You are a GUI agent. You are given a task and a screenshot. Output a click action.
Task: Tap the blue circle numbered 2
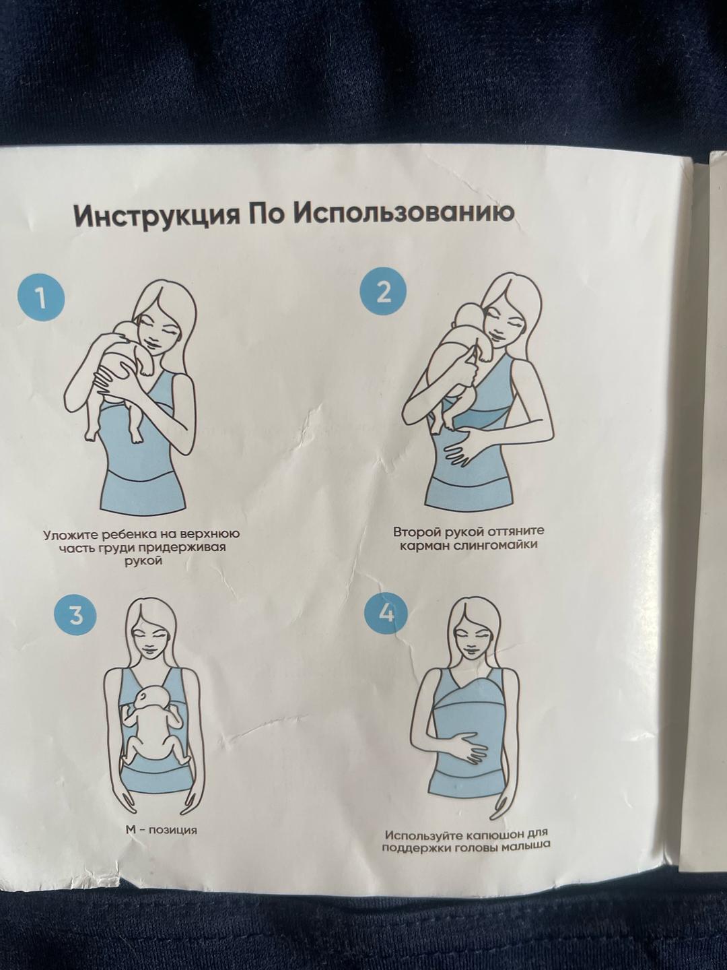point(383,293)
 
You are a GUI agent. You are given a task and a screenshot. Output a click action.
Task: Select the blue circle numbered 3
point(75,616)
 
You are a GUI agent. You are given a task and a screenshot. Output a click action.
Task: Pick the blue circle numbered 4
point(386,614)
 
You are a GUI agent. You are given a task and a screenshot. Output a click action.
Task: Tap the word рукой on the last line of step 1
point(141,562)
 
